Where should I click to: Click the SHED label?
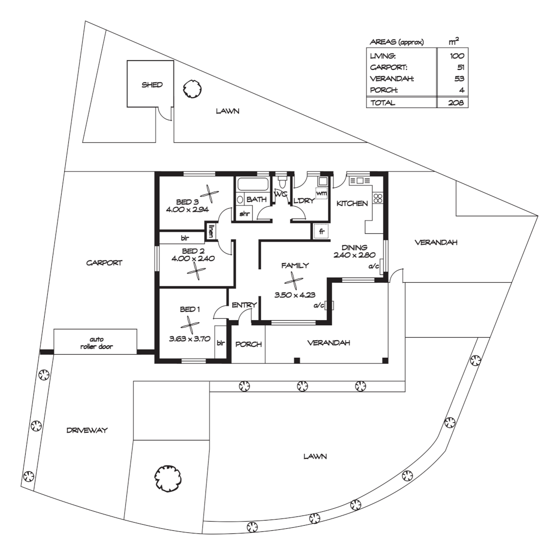tap(152, 85)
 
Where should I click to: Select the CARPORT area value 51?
tap(460, 67)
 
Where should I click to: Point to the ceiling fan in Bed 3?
tap(209, 194)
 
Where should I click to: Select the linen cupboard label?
tap(211, 231)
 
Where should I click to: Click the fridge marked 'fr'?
tap(321, 232)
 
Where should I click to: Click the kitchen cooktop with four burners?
tap(379, 198)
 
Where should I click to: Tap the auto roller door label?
tap(96, 343)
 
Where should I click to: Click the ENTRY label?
tap(244, 305)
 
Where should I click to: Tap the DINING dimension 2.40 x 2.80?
tap(355, 254)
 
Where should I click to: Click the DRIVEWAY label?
tap(87, 431)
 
